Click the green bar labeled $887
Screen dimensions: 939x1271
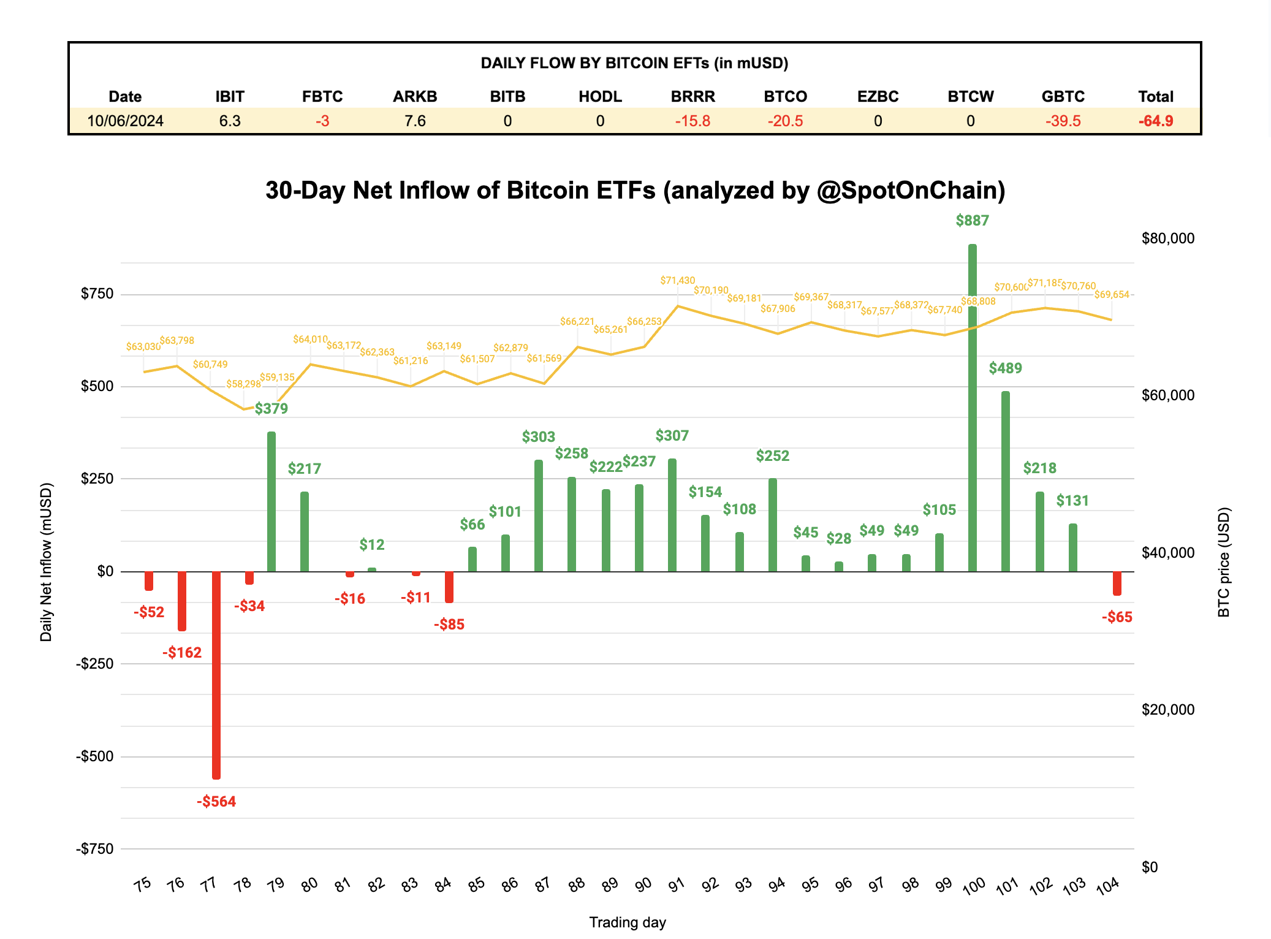coord(972,408)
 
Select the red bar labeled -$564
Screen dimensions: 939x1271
coord(216,674)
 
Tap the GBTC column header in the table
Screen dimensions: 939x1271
coord(1063,97)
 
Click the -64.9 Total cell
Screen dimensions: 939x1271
coord(1155,121)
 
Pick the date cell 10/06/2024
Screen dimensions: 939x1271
coord(125,121)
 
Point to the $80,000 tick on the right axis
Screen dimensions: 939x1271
coord(1167,238)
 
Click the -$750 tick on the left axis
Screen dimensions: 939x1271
coord(94,849)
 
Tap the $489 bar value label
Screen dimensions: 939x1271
coord(1005,368)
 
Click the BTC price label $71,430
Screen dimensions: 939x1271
coord(677,281)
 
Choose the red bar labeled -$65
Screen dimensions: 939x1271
coord(1117,583)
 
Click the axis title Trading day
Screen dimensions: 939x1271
coord(627,922)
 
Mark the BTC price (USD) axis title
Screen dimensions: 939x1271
coord(1223,561)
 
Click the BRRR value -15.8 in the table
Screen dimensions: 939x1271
coord(692,121)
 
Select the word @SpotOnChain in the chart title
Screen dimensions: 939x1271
coord(911,191)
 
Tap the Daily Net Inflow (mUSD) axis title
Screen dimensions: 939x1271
coord(46,562)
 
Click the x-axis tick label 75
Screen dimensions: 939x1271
coord(142,884)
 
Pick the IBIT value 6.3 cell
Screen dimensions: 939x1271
coord(230,121)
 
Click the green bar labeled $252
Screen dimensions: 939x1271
coord(772,525)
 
